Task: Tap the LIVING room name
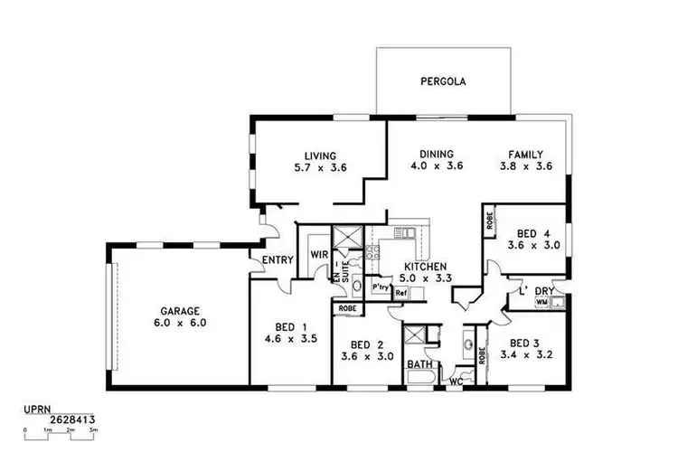pyautogui.click(x=321, y=155)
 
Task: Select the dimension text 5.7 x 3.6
pyautogui.click(x=321, y=167)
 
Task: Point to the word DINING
pyautogui.click(x=436, y=155)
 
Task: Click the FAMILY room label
pyautogui.click(x=524, y=155)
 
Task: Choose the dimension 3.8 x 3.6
pyautogui.click(x=524, y=167)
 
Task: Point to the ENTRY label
pyautogui.click(x=277, y=261)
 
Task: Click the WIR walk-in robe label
pyautogui.click(x=318, y=255)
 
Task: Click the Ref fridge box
pyautogui.click(x=401, y=294)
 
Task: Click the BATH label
pyautogui.click(x=419, y=365)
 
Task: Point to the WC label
pyautogui.click(x=457, y=381)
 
